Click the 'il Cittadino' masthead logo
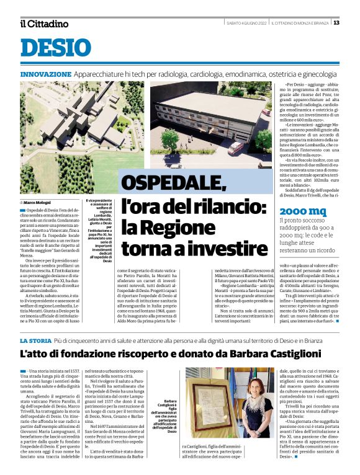pyautogui.click(x=44, y=24)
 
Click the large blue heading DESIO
pyautogui.click(x=55, y=49)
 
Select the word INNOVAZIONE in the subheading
pyautogui.click(x=45, y=74)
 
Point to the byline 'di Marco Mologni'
pyautogui.click(x=34, y=202)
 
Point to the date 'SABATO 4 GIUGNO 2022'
pyautogui.click(x=246, y=23)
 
